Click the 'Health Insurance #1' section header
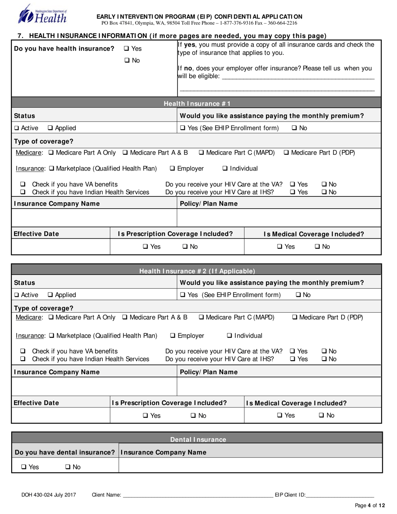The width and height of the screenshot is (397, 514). click(197, 104)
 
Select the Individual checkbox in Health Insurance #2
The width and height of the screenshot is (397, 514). click(229, 336)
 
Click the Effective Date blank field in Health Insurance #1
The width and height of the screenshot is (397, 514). click(60, 247)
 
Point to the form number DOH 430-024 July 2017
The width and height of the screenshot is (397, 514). click(49, 495)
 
